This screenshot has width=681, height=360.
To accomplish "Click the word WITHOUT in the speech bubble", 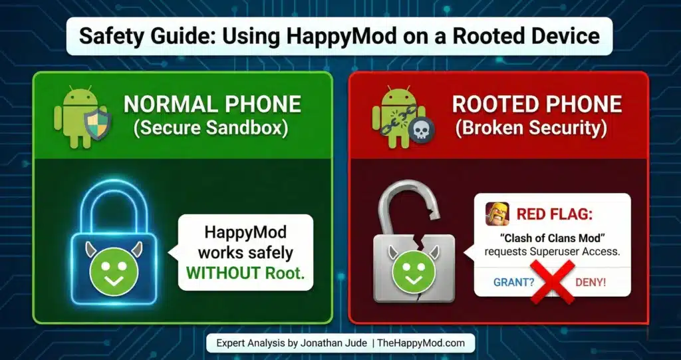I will [219, 273].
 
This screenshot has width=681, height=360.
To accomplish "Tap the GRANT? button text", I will [514, 281].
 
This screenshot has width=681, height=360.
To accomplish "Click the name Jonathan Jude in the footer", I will [329, 343].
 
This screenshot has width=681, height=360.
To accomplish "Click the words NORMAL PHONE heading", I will [212, 104].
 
